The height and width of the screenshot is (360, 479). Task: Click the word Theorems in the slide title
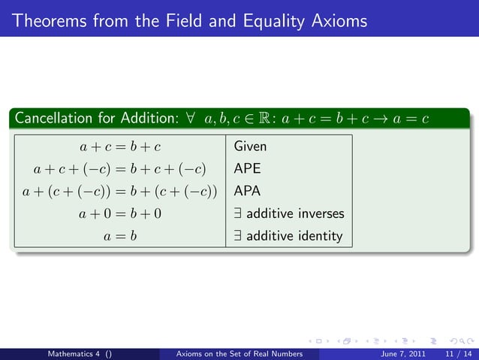47,20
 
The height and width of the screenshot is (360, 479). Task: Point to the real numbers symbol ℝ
261,119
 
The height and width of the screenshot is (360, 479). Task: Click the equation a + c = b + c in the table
121,146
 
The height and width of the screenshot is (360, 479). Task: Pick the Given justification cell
250,146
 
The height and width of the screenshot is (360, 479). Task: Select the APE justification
247,168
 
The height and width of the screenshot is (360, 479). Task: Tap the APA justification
247,191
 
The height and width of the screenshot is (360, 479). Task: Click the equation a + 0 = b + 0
121,213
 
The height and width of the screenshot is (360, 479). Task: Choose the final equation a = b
121,236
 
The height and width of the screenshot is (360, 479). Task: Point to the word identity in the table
318,236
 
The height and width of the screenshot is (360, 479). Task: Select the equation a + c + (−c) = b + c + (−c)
121,168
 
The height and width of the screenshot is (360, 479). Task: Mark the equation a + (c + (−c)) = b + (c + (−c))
121,191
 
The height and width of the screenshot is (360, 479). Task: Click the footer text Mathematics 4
75,352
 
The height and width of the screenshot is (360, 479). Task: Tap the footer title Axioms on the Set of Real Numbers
238,352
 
